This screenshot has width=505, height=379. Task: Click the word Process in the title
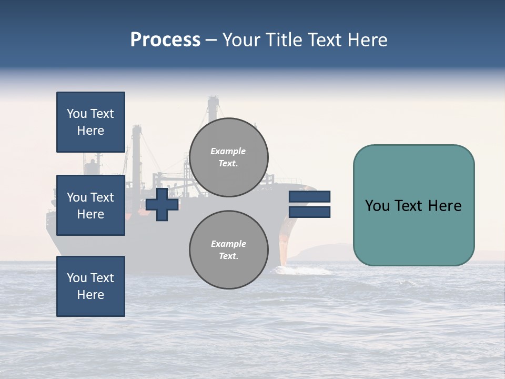point(165,40)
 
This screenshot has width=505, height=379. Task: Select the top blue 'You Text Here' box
point(90,122)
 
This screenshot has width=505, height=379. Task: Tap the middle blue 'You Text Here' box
point(90,205)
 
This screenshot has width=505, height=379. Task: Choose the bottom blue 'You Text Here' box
point(90,286)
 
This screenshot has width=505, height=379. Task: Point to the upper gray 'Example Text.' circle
point(228,157)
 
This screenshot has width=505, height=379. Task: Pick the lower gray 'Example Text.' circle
point(228,250)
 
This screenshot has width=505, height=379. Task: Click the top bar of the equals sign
point(309,197)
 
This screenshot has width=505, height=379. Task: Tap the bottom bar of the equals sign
point(309,212)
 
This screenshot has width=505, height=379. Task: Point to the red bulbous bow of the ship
point(284,247)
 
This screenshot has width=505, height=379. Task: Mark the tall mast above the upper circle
point(213,108)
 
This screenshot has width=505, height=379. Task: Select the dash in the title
point(211,40)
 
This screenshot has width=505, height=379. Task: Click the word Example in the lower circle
point(228,244)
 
